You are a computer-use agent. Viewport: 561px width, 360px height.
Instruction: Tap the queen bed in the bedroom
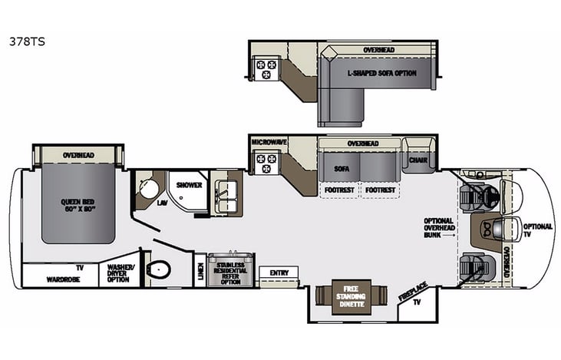[x=79, y=203]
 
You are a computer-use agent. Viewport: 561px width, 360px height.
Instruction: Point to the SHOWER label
[x=188, y=185]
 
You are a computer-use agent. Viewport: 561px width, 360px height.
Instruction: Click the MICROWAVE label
[x=269, y=143]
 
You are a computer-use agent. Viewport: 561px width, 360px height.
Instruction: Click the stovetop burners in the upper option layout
[x=266, y=70]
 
